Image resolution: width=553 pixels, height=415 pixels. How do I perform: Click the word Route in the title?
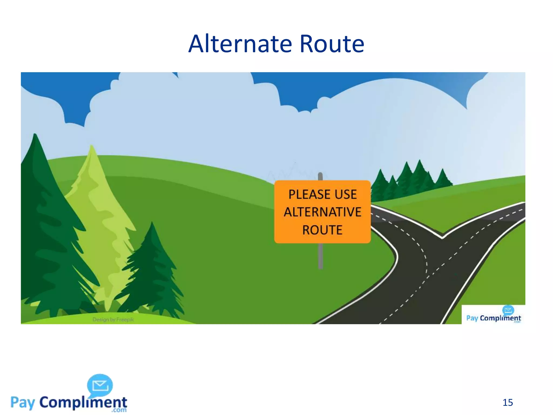pyautogui.click(x=332, y=44)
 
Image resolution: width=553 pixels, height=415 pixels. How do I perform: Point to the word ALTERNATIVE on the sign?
pyautogui.click(x=322, y=212)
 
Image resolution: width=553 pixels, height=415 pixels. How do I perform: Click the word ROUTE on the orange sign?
pyautogui.click(x=322, y=230)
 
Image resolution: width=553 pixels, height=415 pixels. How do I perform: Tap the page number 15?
pyautogui.click(x=508, y=403)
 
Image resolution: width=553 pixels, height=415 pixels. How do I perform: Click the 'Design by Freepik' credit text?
pyautogui.click(x=113, y=319)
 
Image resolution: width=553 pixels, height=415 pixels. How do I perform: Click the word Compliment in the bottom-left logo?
pyautogui.click(x=83, y=403)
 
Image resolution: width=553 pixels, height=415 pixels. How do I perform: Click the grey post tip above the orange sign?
pyautogui.click(x=320, y=176)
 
